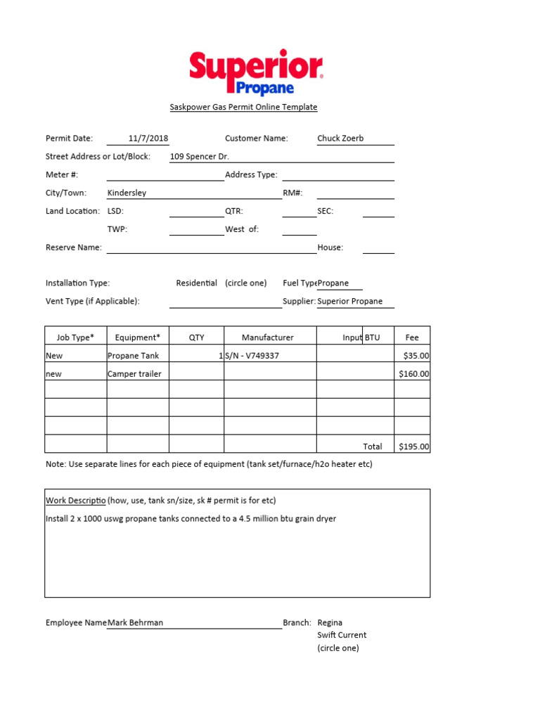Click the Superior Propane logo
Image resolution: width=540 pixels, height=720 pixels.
pos(256,72)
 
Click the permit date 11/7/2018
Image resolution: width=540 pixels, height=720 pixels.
pos(148,139)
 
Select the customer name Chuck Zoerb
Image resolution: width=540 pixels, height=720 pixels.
pos(342,139)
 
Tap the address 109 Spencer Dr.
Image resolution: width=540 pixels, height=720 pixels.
pos(200,157)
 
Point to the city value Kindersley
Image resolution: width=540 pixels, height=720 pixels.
pos(127,193)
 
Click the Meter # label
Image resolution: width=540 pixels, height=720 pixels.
pos(62,174)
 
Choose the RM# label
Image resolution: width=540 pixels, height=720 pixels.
pos(292,193)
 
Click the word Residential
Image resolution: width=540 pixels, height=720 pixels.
pos(196,283)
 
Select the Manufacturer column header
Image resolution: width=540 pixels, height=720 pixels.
pos(268,337)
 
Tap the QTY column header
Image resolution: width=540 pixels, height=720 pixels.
pos(197,337)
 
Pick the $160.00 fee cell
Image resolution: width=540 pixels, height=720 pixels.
pos(413,374)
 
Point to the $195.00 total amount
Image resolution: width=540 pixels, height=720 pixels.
pos(413,446)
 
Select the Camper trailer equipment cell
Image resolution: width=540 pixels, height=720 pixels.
pos(134,374)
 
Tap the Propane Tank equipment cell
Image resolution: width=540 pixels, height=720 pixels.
pos(133,356)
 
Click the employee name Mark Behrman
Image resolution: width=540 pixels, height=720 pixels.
pos(136,622)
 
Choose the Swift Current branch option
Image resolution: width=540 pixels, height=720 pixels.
pos(342,635)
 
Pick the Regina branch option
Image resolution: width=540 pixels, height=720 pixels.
pos(330,622)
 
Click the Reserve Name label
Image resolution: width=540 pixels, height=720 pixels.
pos(74,247)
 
